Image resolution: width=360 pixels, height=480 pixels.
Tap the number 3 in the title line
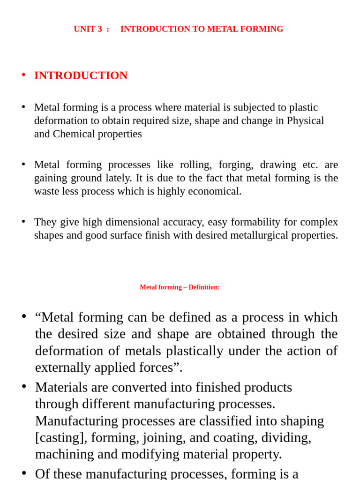click(x=100, y=29)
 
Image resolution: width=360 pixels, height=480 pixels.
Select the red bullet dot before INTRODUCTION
click(x=23, y=75)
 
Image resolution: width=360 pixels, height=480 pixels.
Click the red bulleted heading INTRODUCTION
click(x=81, y=75)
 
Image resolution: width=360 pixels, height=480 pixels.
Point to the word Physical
click(x=305, y=120)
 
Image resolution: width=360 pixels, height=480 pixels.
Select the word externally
click(x=63, y=368)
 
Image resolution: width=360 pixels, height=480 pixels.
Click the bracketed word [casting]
click(x=61, y=438)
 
